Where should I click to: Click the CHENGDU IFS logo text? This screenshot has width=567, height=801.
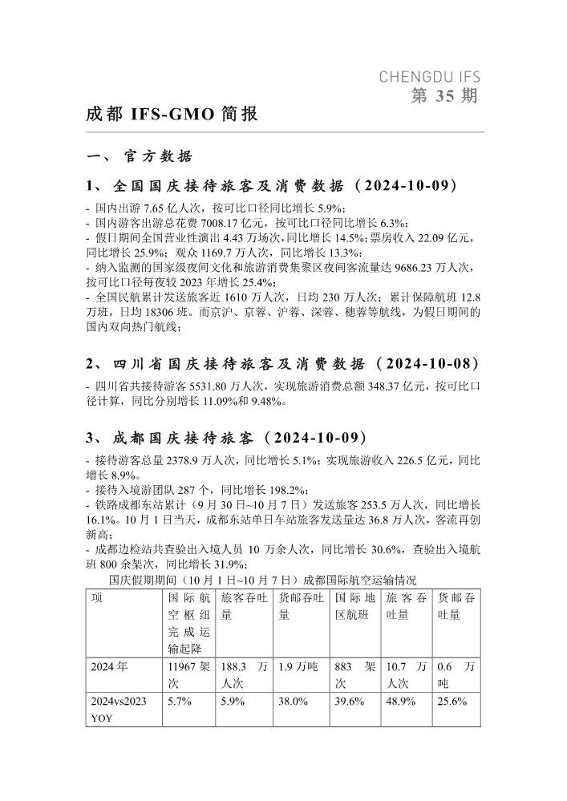pos(429,78)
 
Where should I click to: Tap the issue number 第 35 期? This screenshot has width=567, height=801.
pos(443,97)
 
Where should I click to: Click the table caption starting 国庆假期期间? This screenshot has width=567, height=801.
pos(262,580)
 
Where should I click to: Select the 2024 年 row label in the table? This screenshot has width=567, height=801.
pos(107,665)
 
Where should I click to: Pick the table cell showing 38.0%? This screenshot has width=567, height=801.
pos(294,701)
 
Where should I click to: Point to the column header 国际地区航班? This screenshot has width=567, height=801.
pos(354,606)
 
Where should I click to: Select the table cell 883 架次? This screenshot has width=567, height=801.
pos(354,674)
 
